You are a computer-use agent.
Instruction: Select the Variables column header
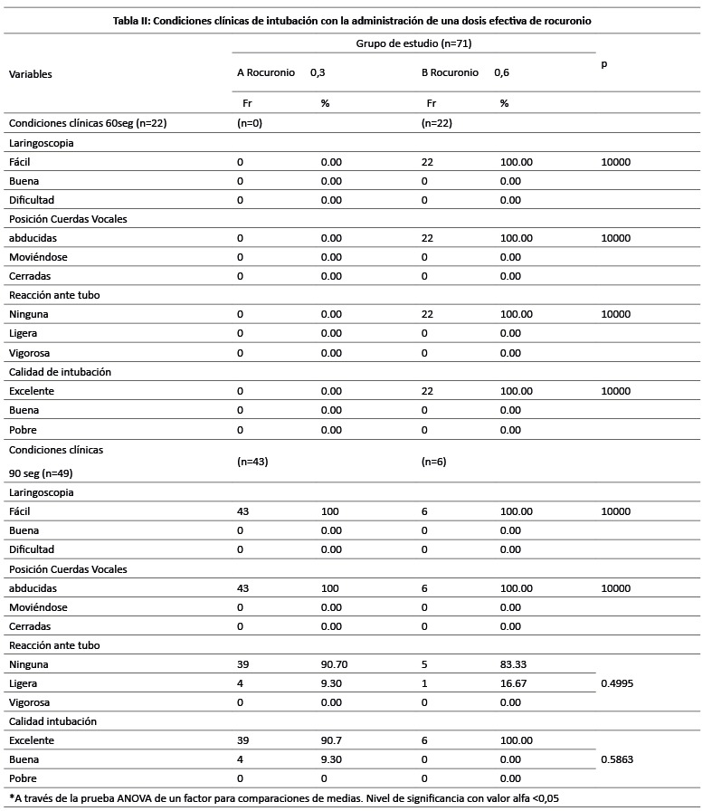(31, 74)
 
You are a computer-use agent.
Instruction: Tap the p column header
(603, 64)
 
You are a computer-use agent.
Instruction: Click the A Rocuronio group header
(266, 73)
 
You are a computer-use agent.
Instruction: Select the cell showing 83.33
(516, 664)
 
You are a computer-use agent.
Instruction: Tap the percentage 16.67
(516, 683)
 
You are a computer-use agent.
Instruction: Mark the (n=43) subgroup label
(252, 461)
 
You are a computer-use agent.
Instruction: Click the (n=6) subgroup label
(434, 461)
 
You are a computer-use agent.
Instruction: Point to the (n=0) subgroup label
(250, 122)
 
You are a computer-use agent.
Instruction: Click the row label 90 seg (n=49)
(43, 472)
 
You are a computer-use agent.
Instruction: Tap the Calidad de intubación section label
(60, 371)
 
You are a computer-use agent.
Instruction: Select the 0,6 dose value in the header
(502, 73)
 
